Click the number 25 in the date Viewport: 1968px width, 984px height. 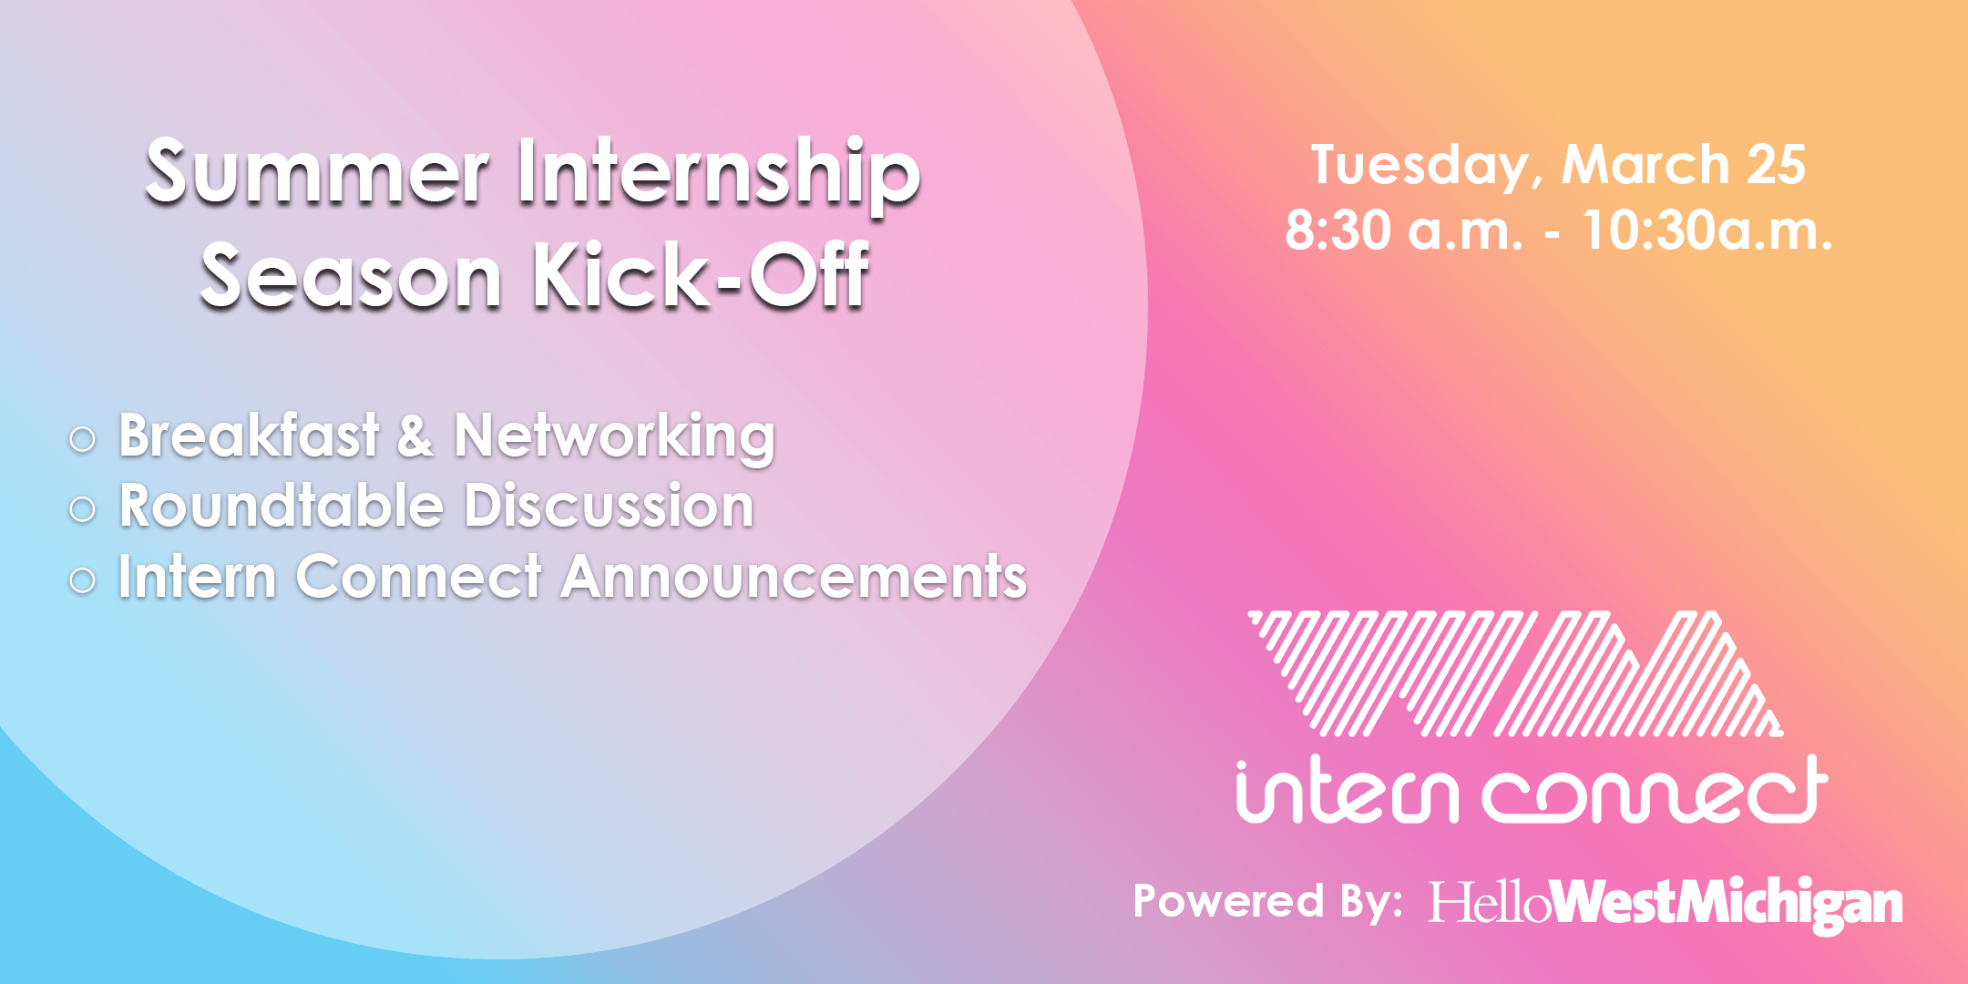(x=1776, y=165)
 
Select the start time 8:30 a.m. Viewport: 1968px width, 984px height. (x=1404, y=231)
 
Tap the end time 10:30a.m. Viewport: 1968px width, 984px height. (x=1707, y=231)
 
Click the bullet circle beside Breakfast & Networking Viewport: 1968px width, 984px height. (x=82, y=440)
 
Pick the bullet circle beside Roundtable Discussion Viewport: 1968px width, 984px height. (x=82, y=509)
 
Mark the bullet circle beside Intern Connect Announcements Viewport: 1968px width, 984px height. (x=82, y=580)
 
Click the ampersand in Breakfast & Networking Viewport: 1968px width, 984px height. (x=415, y=436)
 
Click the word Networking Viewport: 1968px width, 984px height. (x=615, y=437)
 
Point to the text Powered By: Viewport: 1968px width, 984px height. (x=1268, y=901)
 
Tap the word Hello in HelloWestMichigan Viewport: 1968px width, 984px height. (x=1489, y=902)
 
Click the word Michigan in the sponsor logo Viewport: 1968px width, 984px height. (x=1790, y=904)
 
